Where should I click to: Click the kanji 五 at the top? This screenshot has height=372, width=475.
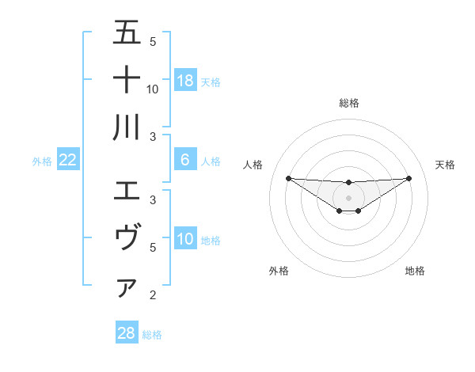click(x=127, y=33)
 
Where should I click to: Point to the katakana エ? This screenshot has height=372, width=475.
click(x=127, y=191)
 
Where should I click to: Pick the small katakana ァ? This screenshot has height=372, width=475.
click(x=127, y=288)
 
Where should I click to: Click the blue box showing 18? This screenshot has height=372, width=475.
click(x=185, y=81)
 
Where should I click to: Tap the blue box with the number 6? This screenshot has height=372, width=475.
click(x=185, y=160)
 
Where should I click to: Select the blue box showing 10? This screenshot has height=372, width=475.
click(x=185, y=239)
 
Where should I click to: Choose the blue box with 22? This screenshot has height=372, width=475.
click(x=68, y=160)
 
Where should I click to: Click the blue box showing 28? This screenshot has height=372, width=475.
click(x=127, y=333)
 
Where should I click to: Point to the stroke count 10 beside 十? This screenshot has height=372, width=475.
click(x=153, y=89)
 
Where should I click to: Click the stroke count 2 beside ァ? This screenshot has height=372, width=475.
click(x=153, y=295)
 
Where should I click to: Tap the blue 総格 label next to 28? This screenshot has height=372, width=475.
click(x=152, y=335)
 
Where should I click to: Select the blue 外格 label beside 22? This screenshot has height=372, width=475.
click(x=42, y=161)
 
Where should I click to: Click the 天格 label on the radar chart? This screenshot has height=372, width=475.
click(x=446, y=165)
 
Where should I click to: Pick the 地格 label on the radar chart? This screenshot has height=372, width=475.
click(x=415, y=271)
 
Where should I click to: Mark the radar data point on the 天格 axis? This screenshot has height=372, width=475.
click(x=408, y=178)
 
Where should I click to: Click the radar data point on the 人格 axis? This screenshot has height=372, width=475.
click(x=288, y=178)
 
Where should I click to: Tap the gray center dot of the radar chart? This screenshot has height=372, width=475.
click(x=348, y=197)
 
